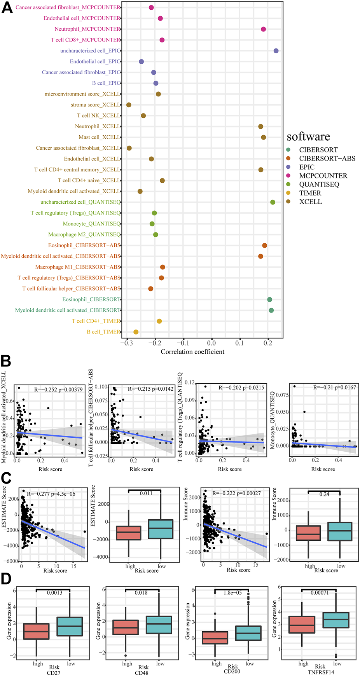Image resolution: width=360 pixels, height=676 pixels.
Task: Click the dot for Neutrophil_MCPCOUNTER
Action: (x=263, y=29)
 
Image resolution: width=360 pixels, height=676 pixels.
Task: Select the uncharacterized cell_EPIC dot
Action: (x=276, y=51)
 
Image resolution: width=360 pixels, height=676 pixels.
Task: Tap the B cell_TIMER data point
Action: (x=136, y=332)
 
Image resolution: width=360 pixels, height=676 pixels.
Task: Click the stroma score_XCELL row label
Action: (x=95, y=105)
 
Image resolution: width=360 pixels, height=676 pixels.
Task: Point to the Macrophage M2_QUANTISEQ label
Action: (x=84, y=234)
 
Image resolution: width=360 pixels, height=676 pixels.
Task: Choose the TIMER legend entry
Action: (x=310, y=193)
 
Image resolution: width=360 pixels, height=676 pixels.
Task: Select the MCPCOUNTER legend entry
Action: (x=323, y=176)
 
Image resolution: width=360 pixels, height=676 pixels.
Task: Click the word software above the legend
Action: (x=308, y=137)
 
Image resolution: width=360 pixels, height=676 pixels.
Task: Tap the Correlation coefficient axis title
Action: (x=192, y=352)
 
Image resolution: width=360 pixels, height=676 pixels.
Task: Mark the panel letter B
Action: (x=6, y=361)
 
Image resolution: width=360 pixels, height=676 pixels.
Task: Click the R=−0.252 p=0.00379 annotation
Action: (x=58, y=389)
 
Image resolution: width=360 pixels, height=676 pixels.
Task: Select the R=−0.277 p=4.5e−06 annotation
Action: (x=51, y=494)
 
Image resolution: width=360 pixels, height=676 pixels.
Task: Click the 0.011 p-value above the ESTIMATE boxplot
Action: (x=146, y=493)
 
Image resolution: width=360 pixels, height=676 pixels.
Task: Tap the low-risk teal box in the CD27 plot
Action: (x=70, y=626)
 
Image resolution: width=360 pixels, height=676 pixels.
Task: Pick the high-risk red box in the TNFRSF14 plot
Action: (x=302, y=624)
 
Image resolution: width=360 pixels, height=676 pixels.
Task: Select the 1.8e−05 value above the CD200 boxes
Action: (x=232, y=593)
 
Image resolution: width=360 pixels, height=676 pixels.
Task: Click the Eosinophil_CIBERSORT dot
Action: (x=269, y=299)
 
